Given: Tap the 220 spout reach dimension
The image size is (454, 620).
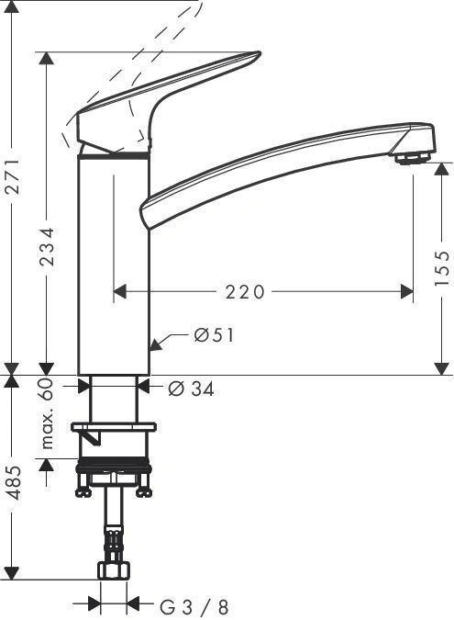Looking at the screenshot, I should pos(244,292).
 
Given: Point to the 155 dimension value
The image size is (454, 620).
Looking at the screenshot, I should pos(443,267).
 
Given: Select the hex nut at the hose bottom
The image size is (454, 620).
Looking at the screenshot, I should pos(112,571).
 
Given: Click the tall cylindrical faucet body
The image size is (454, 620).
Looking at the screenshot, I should pos(113,266).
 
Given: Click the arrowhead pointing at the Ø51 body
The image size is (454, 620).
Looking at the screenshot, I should pos(156,347).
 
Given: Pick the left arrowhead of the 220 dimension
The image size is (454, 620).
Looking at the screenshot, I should pos(118,292).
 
